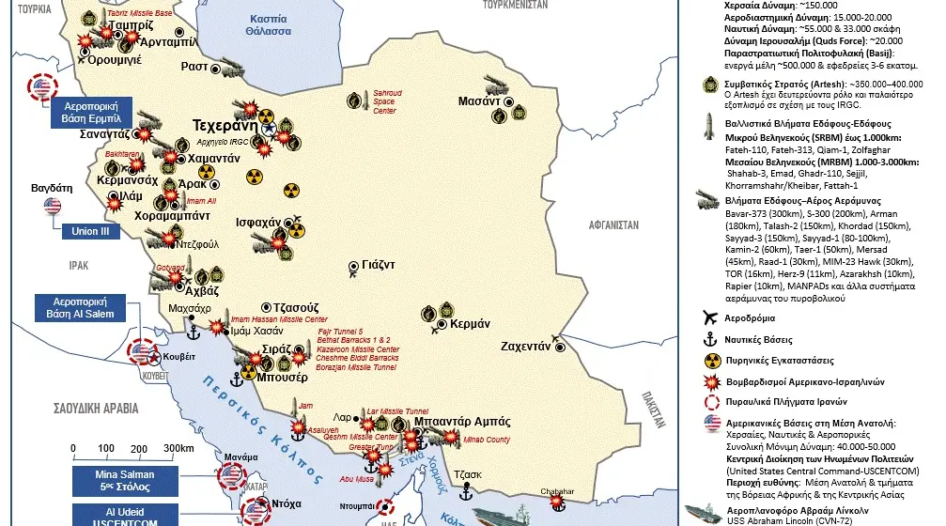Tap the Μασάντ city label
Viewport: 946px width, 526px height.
[x=479, y=101]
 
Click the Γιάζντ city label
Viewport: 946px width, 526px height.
[x=379, y=265]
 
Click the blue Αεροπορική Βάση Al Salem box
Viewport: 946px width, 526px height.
[x=74, y=307]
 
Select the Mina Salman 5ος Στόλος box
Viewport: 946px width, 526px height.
[x=124, y=481]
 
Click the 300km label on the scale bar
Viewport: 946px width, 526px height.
[x=178, y=448]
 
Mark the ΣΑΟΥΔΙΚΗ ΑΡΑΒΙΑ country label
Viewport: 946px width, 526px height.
[x=83, y=409]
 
